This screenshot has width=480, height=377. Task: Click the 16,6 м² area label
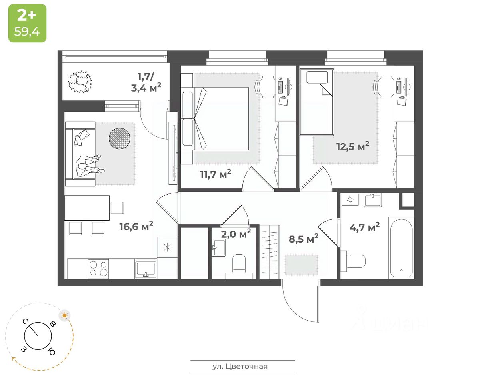(136, 227)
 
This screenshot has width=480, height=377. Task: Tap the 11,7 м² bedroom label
(216, 174)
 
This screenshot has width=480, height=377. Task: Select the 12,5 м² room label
(352, 146)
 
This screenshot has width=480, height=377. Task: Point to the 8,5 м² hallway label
(304, 239)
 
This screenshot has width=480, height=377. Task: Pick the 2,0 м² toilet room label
(236, 234)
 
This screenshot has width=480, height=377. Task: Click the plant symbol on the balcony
(80, 82)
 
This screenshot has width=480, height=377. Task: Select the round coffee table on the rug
(119, 138)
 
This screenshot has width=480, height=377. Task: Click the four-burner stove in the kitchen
(98, 268)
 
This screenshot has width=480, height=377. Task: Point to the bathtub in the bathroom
(401, 248)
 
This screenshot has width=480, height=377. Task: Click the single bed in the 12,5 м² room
(317, 103)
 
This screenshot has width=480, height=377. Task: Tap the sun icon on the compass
(64, 315)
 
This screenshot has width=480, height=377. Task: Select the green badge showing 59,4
(27, 23)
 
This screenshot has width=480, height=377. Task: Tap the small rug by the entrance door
(301, 265)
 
